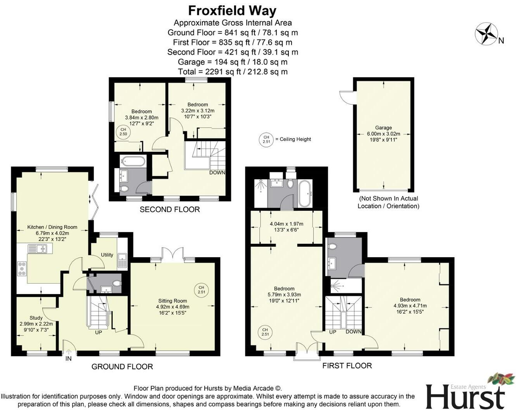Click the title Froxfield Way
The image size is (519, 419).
[x=232, y=10]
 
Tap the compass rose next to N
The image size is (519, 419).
[x=486, y=34]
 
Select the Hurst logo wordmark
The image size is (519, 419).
[x=466, y=396]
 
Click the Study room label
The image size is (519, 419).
[x=36, y=318]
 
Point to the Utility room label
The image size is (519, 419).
[x=107, y=255]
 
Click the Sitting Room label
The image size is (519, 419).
[x=172, y=301]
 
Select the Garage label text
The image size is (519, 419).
[x=383, y=128]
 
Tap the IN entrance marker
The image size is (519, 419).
[x=69, y=358]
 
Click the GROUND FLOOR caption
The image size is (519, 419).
[x=122, y=367]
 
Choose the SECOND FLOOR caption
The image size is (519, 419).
[x=170, y=209]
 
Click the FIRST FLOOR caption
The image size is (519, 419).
[x=347, y=365]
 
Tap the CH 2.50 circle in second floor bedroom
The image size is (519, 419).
[x=123, y=132]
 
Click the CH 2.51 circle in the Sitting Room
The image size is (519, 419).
[x=202, y=290]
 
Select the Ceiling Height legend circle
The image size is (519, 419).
[x=266, y=140]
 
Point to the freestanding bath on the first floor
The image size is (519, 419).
[x=305, y=193]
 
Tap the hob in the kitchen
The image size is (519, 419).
[x=22, y=269]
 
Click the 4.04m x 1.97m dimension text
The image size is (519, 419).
[x=286, y=224]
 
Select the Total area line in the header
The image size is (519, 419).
[x=233, y=72]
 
